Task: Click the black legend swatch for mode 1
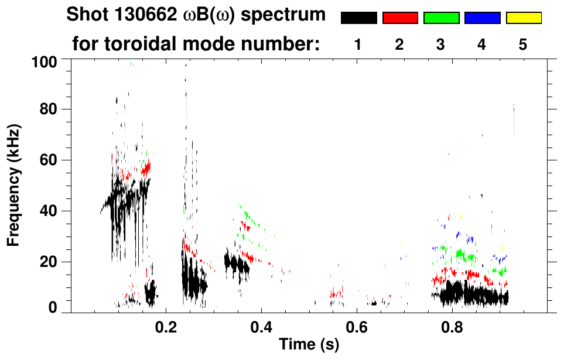click(358, 18)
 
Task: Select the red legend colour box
click(400, 18)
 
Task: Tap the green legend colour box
click(441, 18)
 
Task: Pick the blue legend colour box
click(482, 18)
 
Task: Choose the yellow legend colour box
click(523, 18)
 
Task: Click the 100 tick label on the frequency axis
click(45, 61)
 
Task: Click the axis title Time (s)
click(308, 345)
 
